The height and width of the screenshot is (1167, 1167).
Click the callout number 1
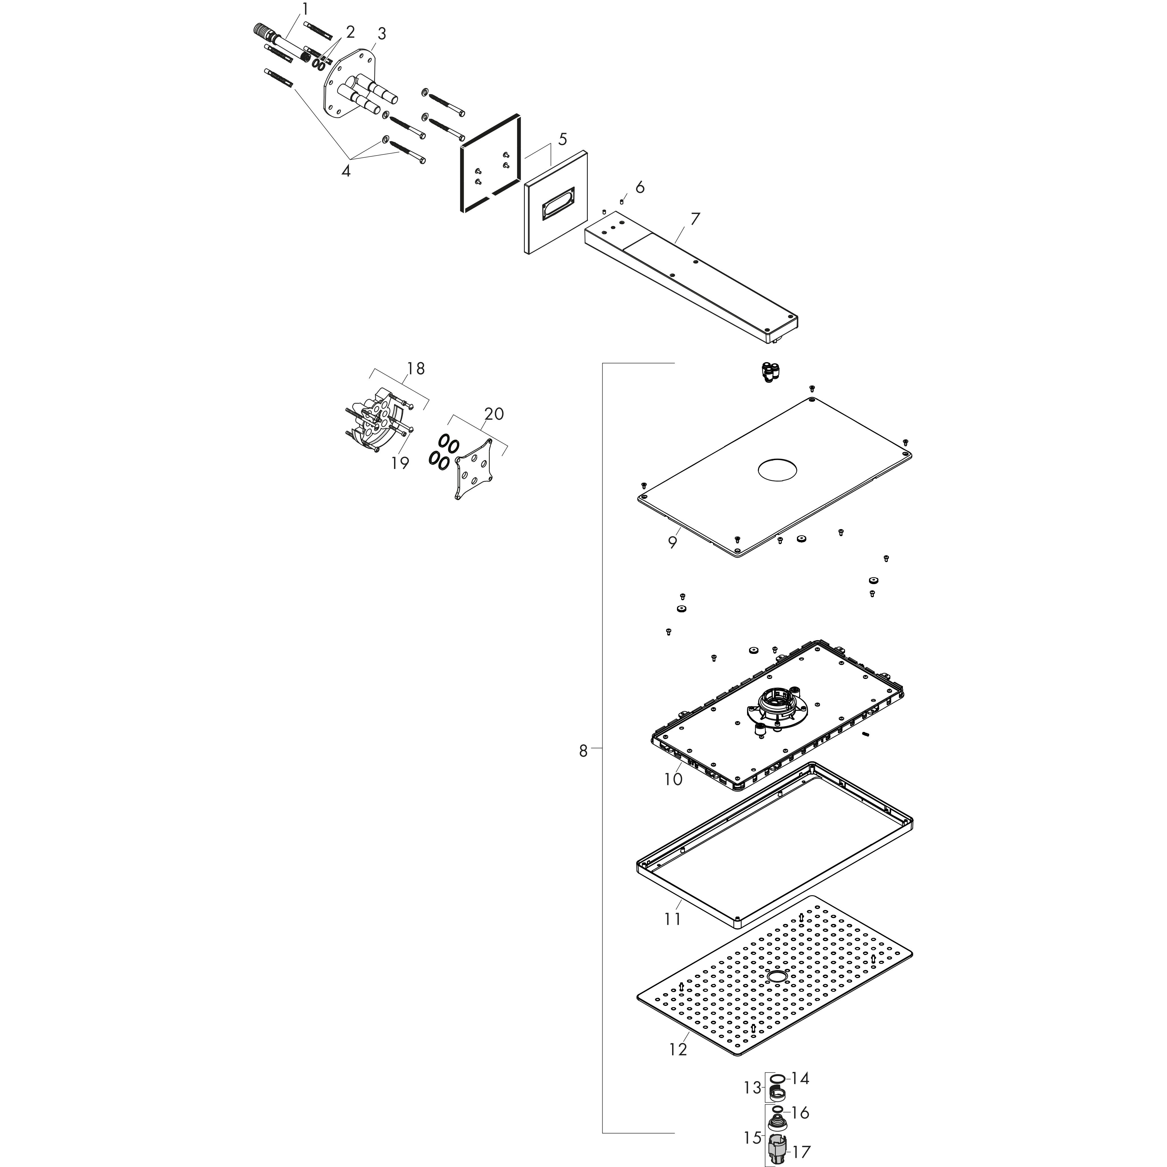[x=305, y=9]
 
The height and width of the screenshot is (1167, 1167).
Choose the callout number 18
[x=416, y=368]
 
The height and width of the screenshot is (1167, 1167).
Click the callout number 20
[x=493, y=414]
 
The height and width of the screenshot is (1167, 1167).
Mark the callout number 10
[x=673, y=779]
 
